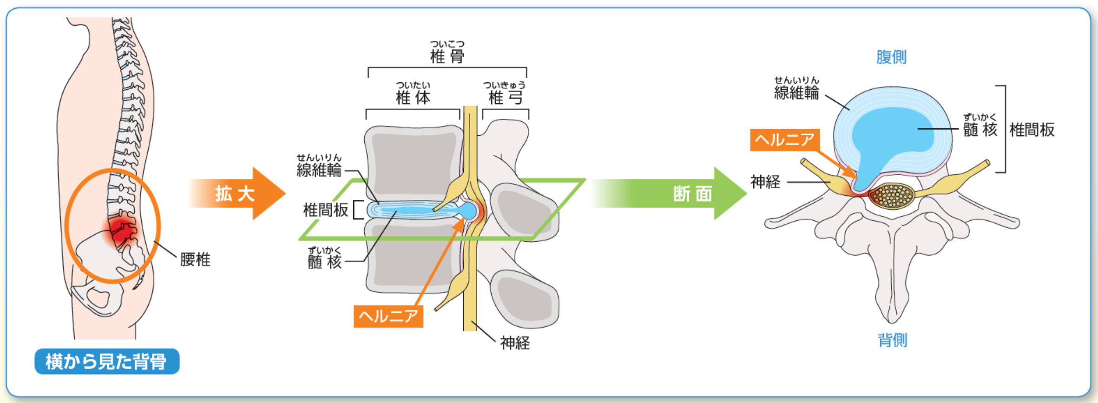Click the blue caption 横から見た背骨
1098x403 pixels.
click(x=107, y=361)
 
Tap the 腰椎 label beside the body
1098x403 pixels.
click(x=195, y=259)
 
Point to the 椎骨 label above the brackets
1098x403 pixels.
click(x=447, y=56)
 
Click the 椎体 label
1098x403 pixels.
click(x=413, y=97)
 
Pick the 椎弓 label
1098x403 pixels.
click(x=505, y=97)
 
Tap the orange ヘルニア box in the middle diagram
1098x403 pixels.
click(x=388, y=316)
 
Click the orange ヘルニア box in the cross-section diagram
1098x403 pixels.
click(x=785, y=139)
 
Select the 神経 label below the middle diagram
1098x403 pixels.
click(x=515, y=343)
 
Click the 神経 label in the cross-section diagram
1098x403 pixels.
click(x=765, y=182)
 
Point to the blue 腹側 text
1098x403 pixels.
click(x=891, y=57)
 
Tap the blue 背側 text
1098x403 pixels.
click(x=892, y=340)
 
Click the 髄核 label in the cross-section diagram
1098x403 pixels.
click(x=980, y=129)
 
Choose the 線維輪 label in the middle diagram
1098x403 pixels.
click(x=319, y=170)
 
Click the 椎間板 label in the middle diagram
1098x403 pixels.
click(x=325, y=210)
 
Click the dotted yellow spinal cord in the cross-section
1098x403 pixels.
click(x=891, y=196)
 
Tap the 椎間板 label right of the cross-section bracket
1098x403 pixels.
click(x=1032, y=130)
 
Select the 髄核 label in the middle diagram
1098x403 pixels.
click(x=325, y=262)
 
